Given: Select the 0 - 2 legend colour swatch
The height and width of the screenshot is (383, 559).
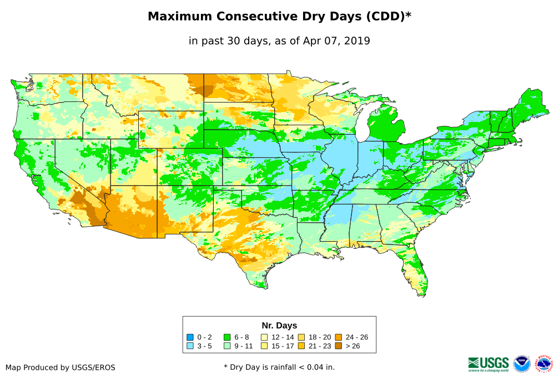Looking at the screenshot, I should click(190, 337).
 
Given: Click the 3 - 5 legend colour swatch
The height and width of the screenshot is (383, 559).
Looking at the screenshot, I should click(190, 346).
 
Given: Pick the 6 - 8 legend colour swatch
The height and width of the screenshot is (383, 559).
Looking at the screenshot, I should click(227, 337).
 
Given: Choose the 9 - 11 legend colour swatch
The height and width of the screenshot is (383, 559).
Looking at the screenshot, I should click(227, 346).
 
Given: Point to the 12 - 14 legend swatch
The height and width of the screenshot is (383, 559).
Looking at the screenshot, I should click(264, 337).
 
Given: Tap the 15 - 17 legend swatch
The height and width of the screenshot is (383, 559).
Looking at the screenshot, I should click(264, 346).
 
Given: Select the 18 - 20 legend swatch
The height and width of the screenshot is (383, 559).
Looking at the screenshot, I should click(301, 337).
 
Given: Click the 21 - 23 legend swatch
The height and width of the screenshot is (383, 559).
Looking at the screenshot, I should click(301, 346).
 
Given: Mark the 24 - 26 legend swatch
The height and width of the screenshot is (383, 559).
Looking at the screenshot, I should click(338, 337).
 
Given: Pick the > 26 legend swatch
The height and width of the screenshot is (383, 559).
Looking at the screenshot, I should click(338, 346).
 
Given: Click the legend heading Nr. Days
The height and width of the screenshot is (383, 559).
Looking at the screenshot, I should click(279, 325).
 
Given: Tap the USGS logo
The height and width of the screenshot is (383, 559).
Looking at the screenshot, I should click(489, 363).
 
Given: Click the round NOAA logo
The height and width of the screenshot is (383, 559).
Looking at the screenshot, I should click(522, 364).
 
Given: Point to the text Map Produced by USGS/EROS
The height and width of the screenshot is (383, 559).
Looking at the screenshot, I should click(61, 367).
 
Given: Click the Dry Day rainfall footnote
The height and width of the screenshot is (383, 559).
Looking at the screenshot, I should click(279, 367).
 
